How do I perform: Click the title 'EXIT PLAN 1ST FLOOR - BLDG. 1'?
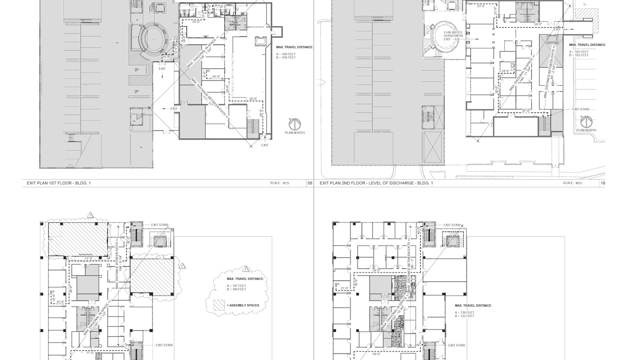(59, 183)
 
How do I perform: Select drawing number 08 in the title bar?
(310, 183)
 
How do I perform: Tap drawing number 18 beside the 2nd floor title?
(603, 183)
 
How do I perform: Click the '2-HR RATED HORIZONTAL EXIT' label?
(453, 36)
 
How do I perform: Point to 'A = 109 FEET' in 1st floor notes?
(286, 54)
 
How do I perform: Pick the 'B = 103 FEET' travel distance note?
(579, 55)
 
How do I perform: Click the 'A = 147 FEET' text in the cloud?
(236, 286)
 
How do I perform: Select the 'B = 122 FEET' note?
(464, 316)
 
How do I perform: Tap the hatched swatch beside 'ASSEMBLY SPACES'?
(219, 305)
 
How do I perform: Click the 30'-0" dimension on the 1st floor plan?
(253, 99)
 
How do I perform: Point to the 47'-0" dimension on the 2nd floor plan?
(526, 111)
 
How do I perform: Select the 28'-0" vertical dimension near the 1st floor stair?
(261, 113)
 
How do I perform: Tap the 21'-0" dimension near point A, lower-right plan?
(344, 288)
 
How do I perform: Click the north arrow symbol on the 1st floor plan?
(294, 124)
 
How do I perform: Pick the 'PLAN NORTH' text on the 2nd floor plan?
(586, 130)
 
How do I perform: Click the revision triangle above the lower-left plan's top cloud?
(90, 215)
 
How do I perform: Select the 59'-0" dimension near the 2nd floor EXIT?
(538, 24)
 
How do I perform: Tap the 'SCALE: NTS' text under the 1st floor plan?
(279, 183)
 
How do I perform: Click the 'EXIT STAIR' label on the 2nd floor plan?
(581, 109)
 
